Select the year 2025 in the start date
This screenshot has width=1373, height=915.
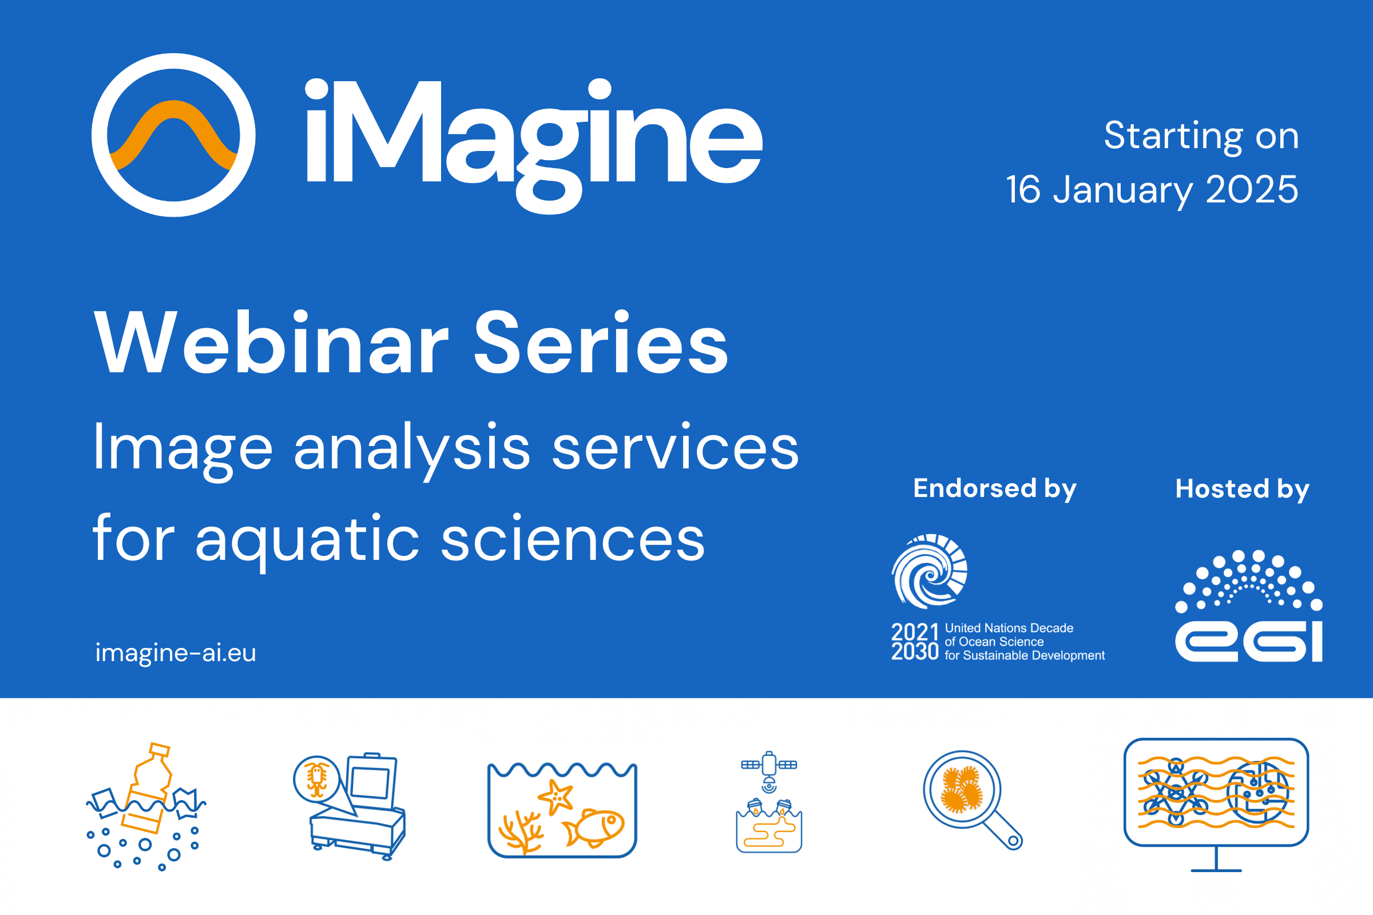pos(1252,190)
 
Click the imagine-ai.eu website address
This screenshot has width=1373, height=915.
pos(176,653)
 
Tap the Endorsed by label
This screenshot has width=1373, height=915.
pos(995,488)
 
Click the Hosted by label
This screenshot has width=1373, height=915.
pos(1242,489)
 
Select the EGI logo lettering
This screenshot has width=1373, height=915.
pos(1249,642)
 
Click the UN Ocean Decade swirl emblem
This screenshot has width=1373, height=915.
pos(929,571)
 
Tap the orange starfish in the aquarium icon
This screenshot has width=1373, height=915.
pos(555,796)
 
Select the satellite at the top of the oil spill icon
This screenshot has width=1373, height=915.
pos(769,765)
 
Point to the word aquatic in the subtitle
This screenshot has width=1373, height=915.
pos(307,540)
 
